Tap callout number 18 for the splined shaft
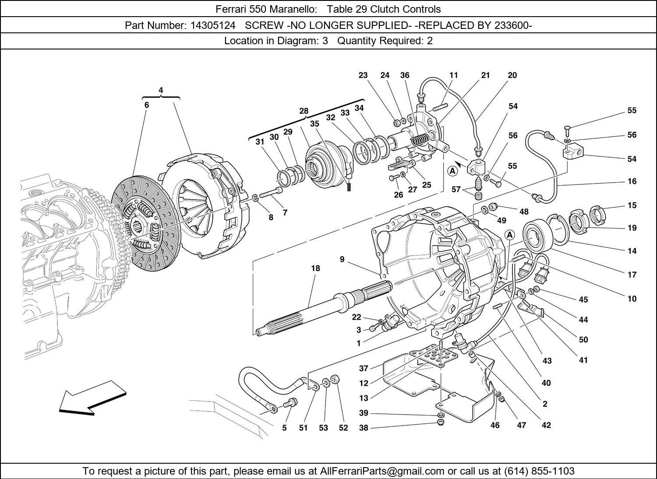pyautogui.click(x=315, y=268)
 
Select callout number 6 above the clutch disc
pyautogui.click(x=147, y=105)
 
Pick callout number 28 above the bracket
pyautogui.click(x=304, y=111)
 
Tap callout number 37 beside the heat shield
pyautogui.click(x=364, y=368)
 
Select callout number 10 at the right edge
pyautogui.click(x=632, y=299)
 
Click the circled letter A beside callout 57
pyautogui.click(x=452, y=171)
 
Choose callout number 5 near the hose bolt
pyautogui.click(x=284, y=428)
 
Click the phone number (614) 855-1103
pyautogui.click(x=539, y=471)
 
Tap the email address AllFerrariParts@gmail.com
pyautogui.click(x=382, y=471)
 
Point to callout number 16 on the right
pyautogui.click(x=632, y=181)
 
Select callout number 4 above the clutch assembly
pyautogui.click(x=161, y=90)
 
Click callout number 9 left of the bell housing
pyautogui.click(x=342, y=260)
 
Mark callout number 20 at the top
pyautogui.click(x=512, y=75)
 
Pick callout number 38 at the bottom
pyautogui.click(x=364, y=428)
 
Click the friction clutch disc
pyautogui.click(x=145, y=223)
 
